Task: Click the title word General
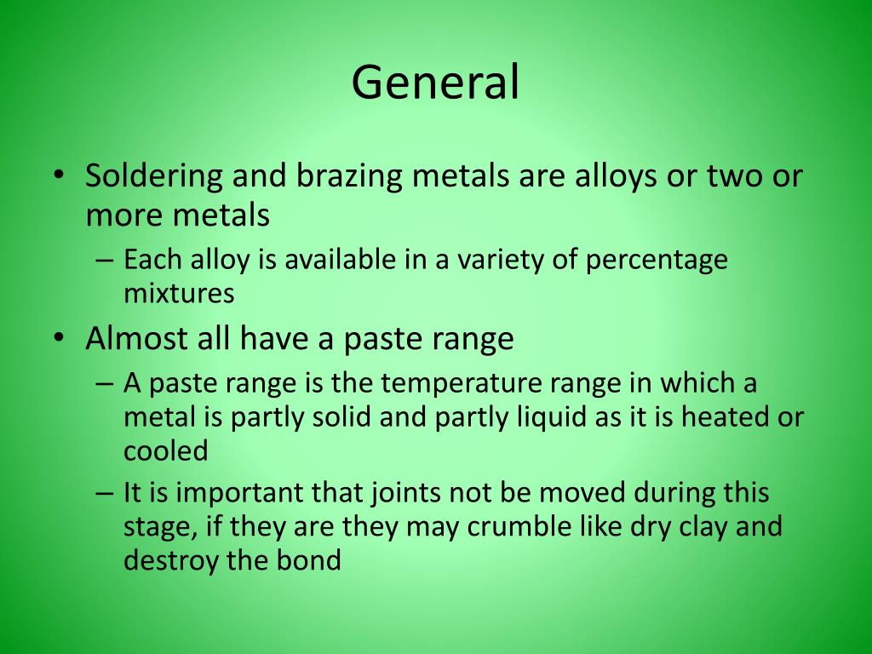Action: [435, 83]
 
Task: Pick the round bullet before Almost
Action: [57, 339]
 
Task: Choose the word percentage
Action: [657, 260]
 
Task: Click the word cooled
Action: [166, 451]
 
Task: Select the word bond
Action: [313, 560]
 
